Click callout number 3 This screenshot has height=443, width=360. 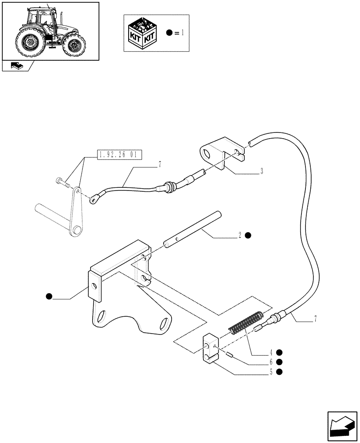262,171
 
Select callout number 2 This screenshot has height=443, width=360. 240,235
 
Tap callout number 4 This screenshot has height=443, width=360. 270,353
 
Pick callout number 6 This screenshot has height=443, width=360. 270,362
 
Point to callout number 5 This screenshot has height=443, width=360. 270,372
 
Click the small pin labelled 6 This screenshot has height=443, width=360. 228,354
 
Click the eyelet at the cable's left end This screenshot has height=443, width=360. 94,200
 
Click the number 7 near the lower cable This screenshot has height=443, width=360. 315,319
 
